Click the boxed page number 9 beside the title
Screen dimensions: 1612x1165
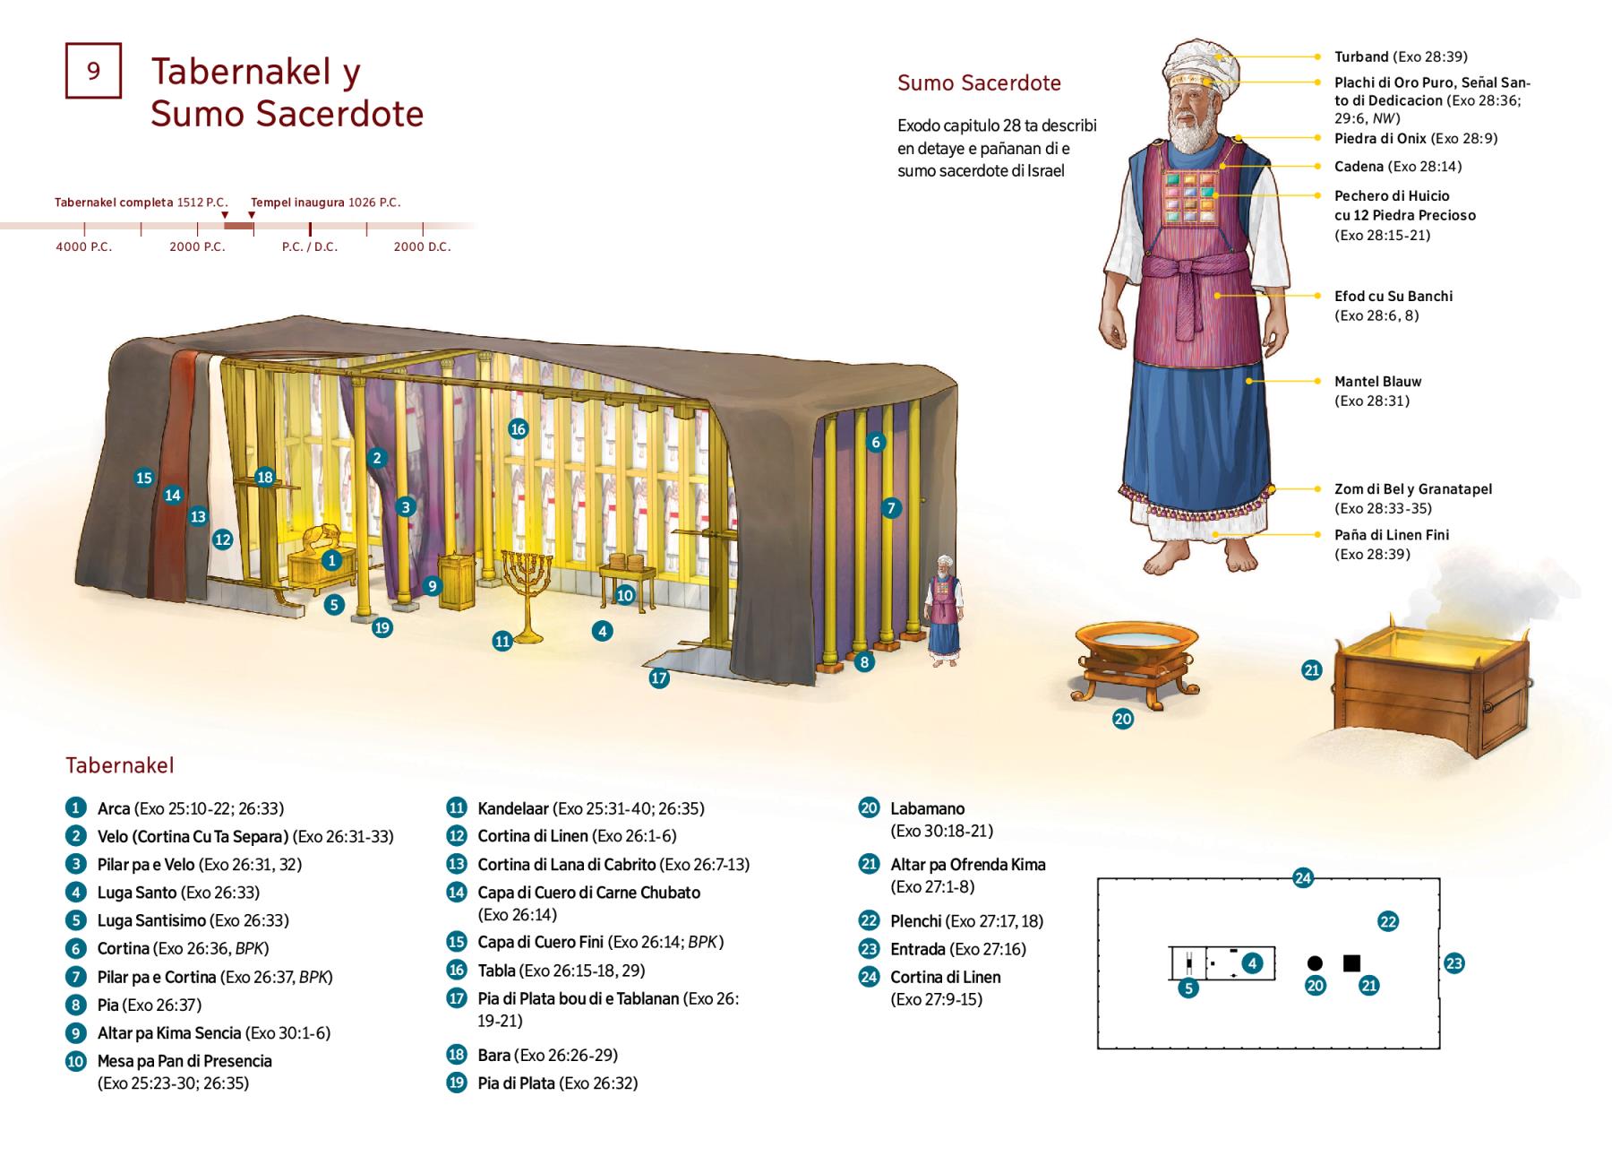point(93,70)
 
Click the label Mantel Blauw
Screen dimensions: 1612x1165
point(1377,381)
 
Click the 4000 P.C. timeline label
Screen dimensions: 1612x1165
point(84,246)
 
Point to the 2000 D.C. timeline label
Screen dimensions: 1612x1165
point(422,246)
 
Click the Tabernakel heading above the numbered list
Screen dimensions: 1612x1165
point(119,765)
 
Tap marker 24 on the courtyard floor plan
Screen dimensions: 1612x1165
point(1303,878)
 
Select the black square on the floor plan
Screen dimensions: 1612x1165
point(1351,963)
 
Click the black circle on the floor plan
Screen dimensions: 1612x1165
point(1315,963)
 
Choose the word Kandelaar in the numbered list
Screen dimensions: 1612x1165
point(512,808)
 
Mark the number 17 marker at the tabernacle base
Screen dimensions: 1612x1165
point(659,678)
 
